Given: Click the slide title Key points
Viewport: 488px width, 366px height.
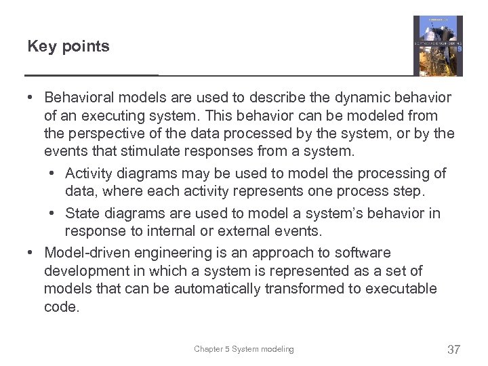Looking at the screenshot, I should pos(68,47).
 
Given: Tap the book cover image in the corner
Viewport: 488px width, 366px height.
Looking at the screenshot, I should pos(438,45).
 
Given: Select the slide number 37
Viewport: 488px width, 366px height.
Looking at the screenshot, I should pos(453,350).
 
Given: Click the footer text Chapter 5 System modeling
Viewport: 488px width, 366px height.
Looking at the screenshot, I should pos(244,349).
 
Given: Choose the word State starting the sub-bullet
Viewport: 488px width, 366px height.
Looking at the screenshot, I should pos(82,213).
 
